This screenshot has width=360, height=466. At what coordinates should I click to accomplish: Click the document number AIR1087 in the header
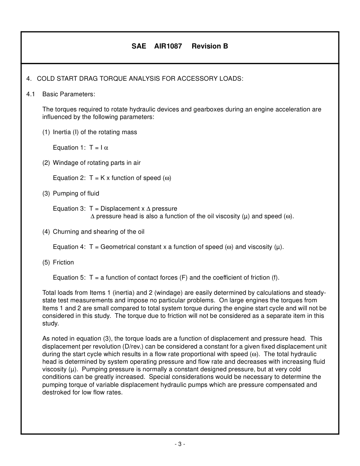(x=168, y=46)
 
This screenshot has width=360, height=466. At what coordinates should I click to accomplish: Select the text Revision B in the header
(x=210, y=46)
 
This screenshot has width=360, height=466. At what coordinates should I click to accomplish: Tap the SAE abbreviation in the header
(x=139, y=46)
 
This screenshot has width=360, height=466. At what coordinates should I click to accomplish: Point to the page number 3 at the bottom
(x=180, y=444)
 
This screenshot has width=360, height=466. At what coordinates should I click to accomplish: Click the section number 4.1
(x=31, y=94)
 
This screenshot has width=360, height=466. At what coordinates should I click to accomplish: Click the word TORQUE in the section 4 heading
(x=114, y=78)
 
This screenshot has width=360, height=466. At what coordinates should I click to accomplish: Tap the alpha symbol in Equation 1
(x=106, y=148)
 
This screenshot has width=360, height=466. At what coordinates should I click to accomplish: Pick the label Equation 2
(x=69, y=178)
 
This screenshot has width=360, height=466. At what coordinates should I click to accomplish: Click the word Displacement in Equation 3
(x=120, y=209)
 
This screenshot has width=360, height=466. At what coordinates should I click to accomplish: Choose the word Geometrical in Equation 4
(x=117, y=247)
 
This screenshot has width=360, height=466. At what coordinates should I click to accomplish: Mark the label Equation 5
(x=69, y=278)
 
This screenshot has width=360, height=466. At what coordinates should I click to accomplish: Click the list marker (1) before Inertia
(x=46, y=132)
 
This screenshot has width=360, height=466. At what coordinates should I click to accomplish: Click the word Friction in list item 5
(x=63, y=263)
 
